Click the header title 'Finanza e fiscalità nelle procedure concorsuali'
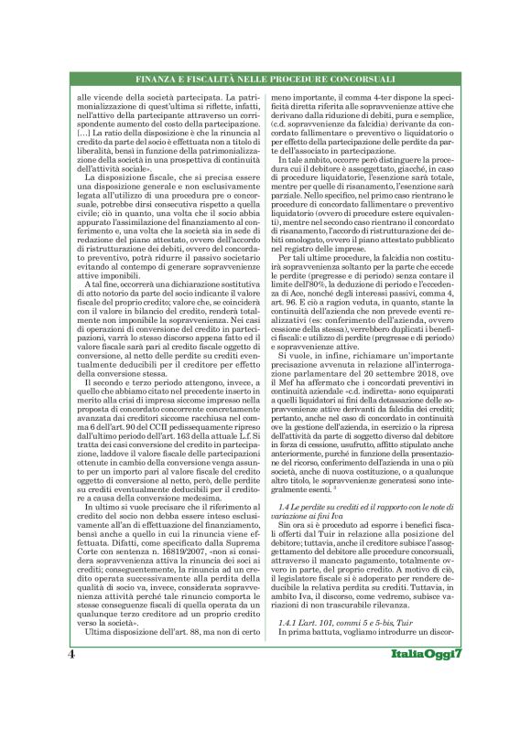(x=265, y=80)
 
